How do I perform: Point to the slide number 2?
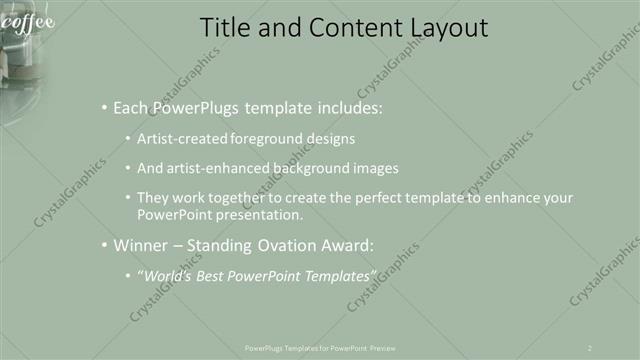pos(590,347)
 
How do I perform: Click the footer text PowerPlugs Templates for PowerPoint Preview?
pos(320,347)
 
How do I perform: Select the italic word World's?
pos(167,275)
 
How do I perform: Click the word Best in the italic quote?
pos(214,275)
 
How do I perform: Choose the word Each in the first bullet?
pos(131,107)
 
